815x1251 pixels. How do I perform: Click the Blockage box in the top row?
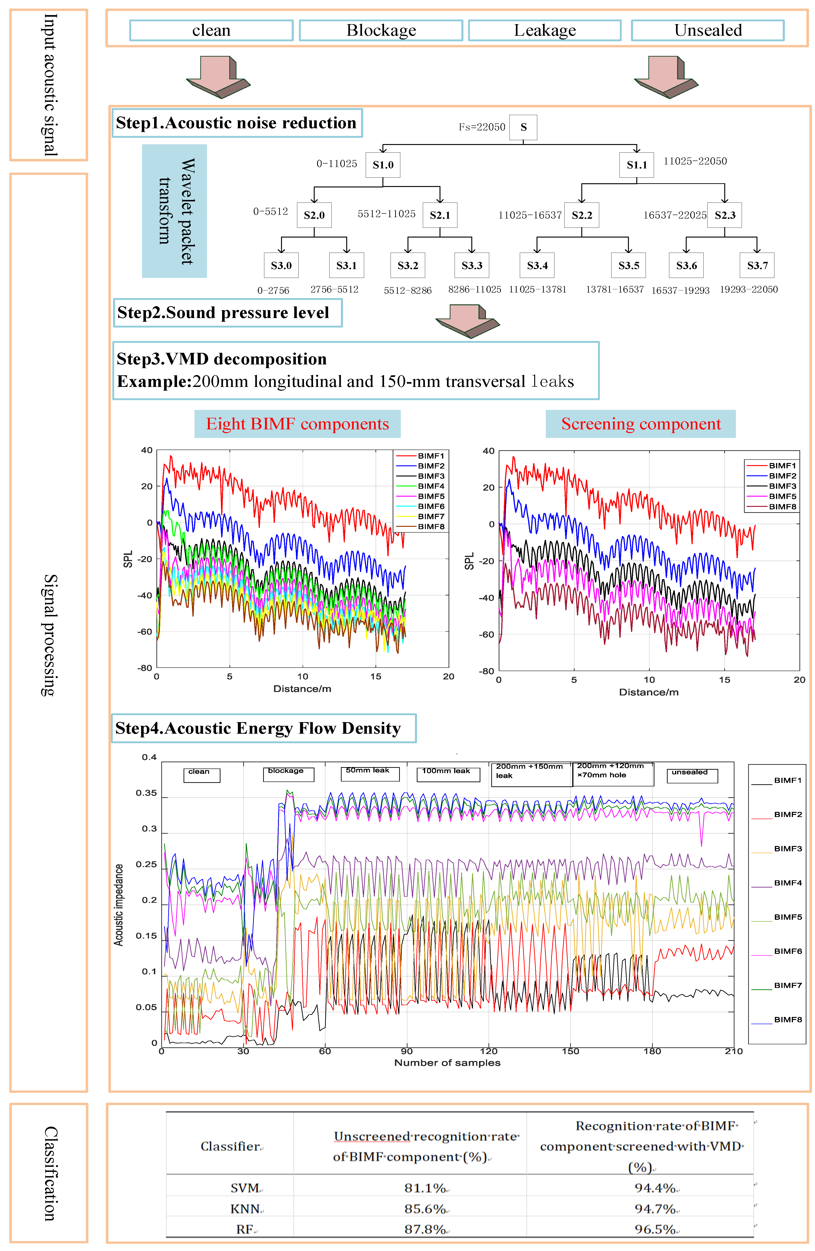click(x=381, y=30)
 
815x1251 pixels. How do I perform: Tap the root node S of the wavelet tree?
click(x=523, y=127)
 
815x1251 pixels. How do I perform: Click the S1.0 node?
click(x=383, y=165)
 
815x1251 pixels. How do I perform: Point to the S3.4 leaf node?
click(x=537, y=265)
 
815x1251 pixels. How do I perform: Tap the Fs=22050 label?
click(x=482, y=127)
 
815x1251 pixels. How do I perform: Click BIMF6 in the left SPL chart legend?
click(x=431, y=506)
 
